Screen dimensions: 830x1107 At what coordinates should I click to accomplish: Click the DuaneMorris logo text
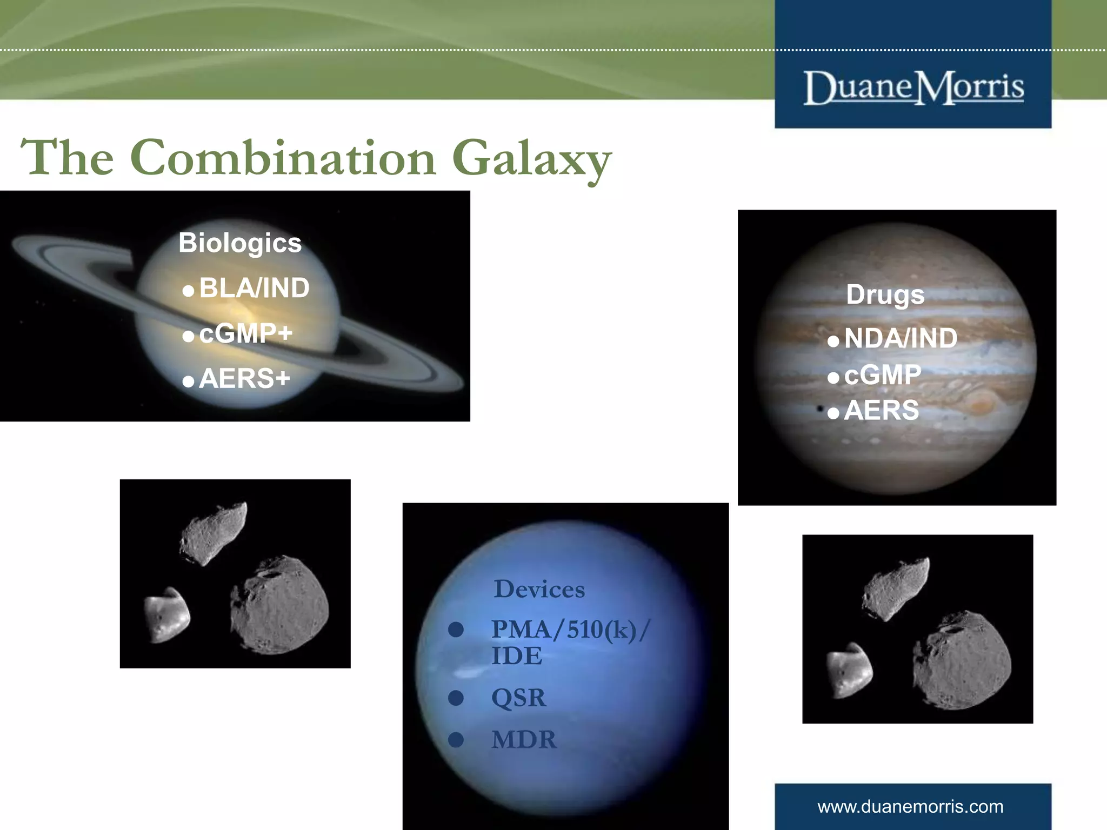pyautogui.click(x=913, y=88)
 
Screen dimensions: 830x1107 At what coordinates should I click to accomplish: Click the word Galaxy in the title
pyautogui.click(x=532, y=158)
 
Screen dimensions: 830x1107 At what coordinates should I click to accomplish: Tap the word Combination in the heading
pyautogui.click(x=283, y=158)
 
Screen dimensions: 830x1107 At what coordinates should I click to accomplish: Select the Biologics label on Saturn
pyautogui.click(x=240, y=243)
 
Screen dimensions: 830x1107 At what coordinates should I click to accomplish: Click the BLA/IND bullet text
pyautogui.click(x=254, y=288)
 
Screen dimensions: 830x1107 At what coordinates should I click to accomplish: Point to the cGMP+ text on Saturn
pyautogui.click(x=246, y=333)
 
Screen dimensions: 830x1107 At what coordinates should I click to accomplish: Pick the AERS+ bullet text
pyautogui.click(x=244, y=378)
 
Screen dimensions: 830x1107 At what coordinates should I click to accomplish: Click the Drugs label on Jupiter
pyautogui.click(x=885, y=295)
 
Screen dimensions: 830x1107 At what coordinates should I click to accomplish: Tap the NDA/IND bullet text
pyautogui.click(x=901, y=339)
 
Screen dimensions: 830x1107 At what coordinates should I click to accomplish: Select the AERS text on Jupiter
pyautogui.click(x=881, y=410)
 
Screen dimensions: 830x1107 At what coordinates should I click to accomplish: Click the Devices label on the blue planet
pyautogui.click(x=539, y=589)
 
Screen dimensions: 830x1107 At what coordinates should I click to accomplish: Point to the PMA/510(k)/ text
pyautogui.click(x=570, y=630)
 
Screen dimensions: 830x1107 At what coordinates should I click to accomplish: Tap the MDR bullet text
pyautogui.click(x=524, y=740)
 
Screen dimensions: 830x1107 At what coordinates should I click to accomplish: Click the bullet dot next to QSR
pyautogui.click(x=456, y=698)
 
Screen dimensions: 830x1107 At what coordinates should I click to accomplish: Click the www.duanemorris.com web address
pyautogui.click(x=910, y=807)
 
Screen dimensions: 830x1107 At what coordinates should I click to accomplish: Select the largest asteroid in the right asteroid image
pyautogui.click(x=962, y=660)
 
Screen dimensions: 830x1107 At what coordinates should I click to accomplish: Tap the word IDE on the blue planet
pyautogui.click(x=516, y=656)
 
